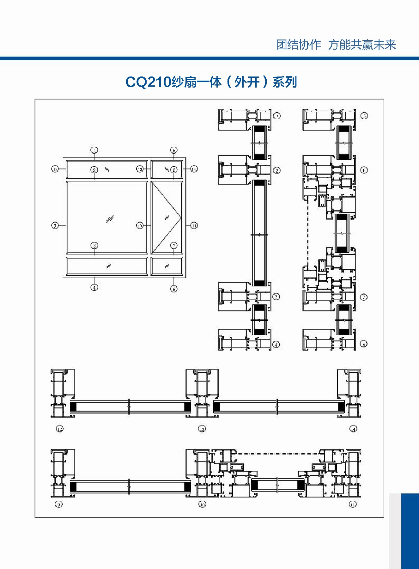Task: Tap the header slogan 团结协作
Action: tap(298, 45)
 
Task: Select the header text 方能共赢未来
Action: tap(362, 45)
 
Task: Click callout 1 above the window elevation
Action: tap(94, 150)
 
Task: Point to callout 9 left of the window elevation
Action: tap(55, 225)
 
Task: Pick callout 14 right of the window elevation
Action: tap(194, 169)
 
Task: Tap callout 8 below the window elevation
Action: tap(174, 289)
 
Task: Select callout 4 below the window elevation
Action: tap(94, 287)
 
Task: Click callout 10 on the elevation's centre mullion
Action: tap(140, 225)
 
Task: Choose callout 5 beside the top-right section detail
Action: tap(364, 116)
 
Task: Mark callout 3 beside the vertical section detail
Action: tap(276, 297)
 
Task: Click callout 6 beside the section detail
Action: tap(364, 170)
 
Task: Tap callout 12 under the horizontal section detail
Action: tap(60, 429)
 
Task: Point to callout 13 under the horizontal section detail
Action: tap(202, 429)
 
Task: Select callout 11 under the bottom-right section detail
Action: tap(353, 504)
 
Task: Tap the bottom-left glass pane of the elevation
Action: tap(107, 266)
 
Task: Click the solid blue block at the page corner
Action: tap(410, 531)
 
